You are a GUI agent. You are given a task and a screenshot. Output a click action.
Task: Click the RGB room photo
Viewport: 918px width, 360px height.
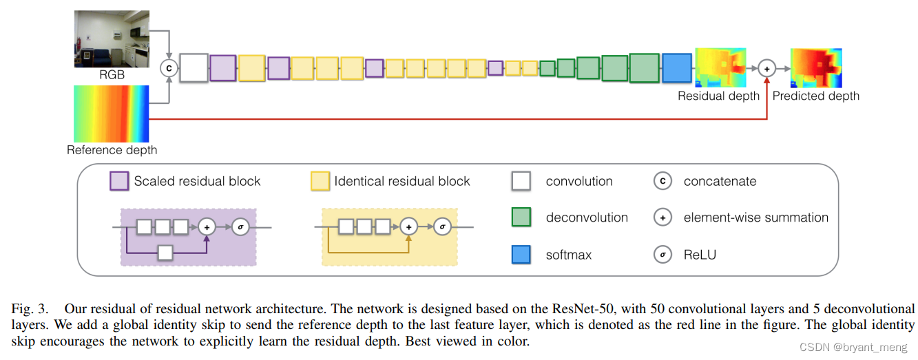pos(111,39)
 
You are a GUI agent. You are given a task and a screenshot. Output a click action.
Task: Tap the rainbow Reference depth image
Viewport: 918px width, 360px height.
pos(111,114)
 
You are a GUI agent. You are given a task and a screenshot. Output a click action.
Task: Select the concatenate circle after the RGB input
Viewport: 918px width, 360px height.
pos(168,68)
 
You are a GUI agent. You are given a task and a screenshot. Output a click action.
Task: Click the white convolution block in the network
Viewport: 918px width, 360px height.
pos(194,68)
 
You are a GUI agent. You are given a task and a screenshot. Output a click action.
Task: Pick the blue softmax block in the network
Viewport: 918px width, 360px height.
pos(676,68)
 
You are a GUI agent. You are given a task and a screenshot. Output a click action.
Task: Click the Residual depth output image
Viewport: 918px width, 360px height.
pos(720,67)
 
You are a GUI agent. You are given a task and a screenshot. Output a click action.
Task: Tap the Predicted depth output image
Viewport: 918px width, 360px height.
pos(815,67)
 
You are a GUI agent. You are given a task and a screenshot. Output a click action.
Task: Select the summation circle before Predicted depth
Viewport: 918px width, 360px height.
pos(767,68)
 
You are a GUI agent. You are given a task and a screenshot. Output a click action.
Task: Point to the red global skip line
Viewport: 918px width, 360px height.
pos(455,119)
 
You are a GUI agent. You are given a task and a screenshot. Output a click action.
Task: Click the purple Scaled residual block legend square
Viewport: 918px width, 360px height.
pos(119,181)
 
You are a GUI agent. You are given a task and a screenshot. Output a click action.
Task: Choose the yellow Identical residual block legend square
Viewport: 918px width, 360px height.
pos(320,181)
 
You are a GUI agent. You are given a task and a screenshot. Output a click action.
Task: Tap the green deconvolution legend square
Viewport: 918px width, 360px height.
pos(521,218)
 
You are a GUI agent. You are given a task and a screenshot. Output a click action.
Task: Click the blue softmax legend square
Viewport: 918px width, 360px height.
pos(521,255)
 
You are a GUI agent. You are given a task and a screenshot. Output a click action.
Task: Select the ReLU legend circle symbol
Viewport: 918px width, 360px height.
pos(662,255)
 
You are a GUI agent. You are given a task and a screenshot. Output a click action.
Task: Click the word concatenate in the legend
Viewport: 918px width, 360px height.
pos(720,182)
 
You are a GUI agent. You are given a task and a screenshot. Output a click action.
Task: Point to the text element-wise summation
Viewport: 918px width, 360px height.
pos(755,218)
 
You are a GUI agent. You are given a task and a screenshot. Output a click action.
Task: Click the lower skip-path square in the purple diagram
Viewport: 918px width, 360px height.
pos(165,253)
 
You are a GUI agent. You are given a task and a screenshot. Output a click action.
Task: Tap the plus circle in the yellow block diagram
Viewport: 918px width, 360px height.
pos(409,226)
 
